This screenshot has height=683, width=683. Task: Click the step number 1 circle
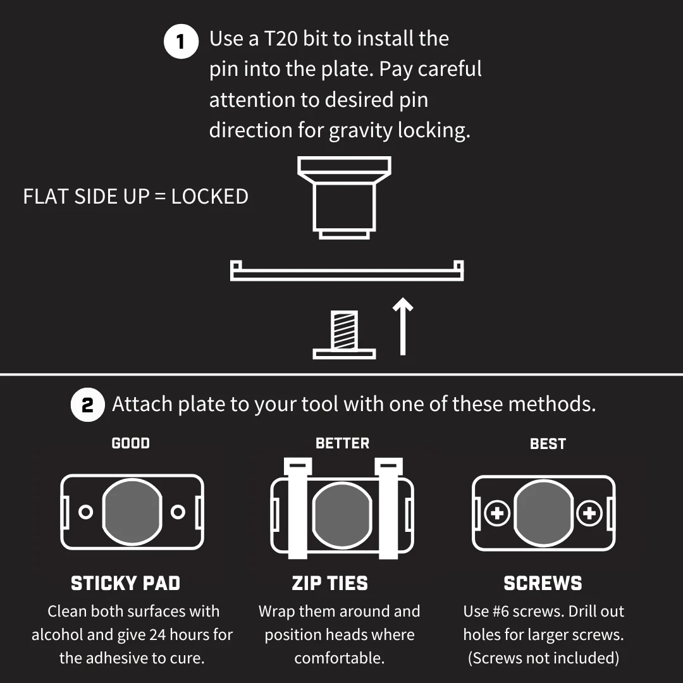(181, 41)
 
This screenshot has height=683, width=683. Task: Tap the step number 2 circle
(87, 405)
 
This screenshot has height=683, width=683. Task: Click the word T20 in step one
(281, 39)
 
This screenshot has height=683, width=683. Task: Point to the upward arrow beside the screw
(403, 327)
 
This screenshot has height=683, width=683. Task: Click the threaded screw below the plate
(344, 335)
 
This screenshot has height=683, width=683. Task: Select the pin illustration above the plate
(344, 198)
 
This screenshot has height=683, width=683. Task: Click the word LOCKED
(209, 197)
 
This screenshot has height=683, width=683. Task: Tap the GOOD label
(131, 443)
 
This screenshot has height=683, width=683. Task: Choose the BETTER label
(342, 443)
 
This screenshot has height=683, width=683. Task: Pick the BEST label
(548, 444)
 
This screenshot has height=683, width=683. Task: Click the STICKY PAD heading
(125, 583)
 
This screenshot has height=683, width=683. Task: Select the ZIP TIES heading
(329, 583)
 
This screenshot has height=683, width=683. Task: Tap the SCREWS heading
(543, 583)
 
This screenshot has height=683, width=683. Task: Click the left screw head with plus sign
(497, 513)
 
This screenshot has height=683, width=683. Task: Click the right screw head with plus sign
(589, 513)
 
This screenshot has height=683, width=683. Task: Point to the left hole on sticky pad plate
(86, 512)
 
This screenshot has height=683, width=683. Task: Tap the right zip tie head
(388, 466)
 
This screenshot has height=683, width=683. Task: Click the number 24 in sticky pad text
(157, 635)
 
